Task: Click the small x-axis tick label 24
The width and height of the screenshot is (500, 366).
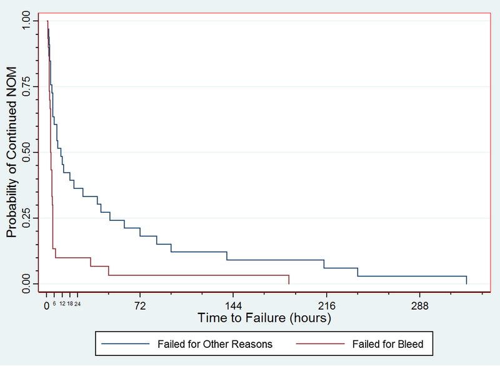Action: pos(77,303)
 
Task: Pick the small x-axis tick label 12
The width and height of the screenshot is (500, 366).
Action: pos(62,303)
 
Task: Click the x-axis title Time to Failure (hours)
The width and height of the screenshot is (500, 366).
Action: pos(264,318)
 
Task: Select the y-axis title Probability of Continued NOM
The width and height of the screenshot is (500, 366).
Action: pos(12,152)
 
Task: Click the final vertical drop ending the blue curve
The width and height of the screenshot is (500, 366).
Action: pos(466,280)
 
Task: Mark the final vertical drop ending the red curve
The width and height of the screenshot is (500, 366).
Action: pos(289,279)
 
